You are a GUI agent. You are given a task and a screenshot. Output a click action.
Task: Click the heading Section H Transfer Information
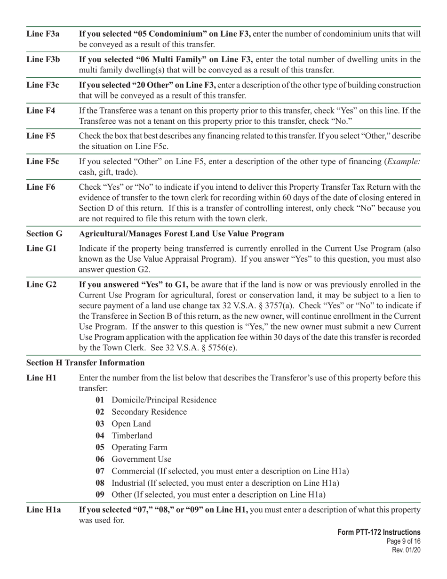pyautogui.click(x=86, y=362)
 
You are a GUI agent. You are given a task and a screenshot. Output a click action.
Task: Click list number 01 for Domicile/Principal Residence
pyautogui.click(x=100, y=400)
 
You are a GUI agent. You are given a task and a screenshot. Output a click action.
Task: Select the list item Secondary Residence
pyautogui.click(x=149, y=412)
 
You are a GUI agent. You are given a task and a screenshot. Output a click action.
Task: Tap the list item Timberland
pyautogui.click(x=132, y=435)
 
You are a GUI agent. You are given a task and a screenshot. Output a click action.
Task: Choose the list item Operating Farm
pyautogui.click(x=139, y=447)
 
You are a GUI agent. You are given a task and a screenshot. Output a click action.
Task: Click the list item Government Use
pyautogui.click(x=141, y=459)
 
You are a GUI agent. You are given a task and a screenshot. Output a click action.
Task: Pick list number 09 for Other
pyautogui.click(x=100, y=495)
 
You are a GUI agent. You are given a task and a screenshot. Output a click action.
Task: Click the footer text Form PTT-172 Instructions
pyautogui.click(x=379, y=532)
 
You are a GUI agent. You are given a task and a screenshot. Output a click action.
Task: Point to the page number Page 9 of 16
pyautogui.click(x=402, y=541)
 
